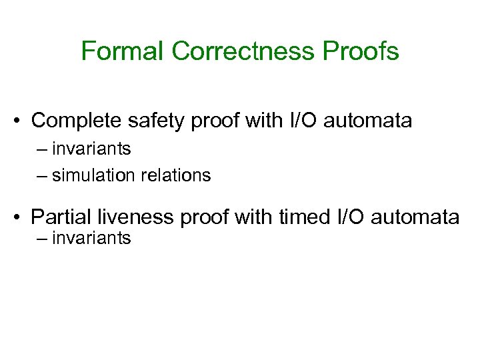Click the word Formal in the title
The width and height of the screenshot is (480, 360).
[122, 51]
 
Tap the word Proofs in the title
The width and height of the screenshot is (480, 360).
[366, 51]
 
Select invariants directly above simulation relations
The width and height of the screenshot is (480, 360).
[91, 149]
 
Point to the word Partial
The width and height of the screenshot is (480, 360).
[61, 217]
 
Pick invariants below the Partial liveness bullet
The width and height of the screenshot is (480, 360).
[91, 238]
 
